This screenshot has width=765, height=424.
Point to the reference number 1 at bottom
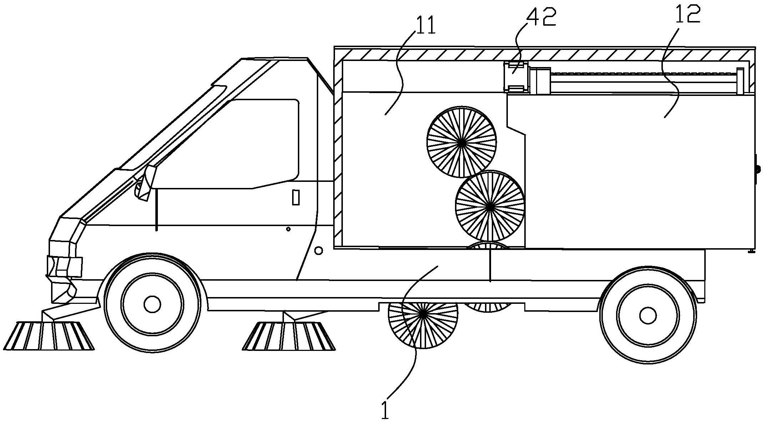pyautogui.click(x=385, y=410)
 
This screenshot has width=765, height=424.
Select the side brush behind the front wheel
pyautogui.click(x=289, y=336)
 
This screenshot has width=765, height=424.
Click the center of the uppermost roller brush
pyautogui.click(x=461, y=142)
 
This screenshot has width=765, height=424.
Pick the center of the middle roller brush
pyautogui.click(x=490, y=206)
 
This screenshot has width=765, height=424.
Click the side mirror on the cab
pyautogui.click(x=145, y=183)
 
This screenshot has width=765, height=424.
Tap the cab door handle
pyautogui.click(x=296, y=198)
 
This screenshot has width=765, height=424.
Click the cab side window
pyautogui.click(x=229, y=144)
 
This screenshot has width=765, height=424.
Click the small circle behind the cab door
pyautogui.click(x=319, y=251)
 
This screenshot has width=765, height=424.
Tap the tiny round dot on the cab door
pyautogui.click(x=288, y=229)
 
